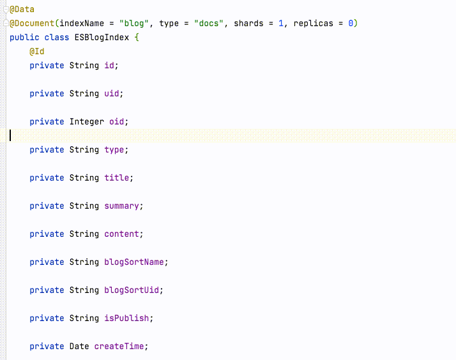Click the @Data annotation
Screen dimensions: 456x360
[22, 10]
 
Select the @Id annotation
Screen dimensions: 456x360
[36, 52]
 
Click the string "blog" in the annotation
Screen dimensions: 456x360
[133, 23]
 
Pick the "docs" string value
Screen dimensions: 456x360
[209, 23]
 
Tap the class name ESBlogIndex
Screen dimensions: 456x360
[102, 38]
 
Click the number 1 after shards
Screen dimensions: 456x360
[280, 23]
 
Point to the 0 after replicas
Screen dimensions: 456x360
[351, 23]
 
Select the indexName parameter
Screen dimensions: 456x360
[82, 23]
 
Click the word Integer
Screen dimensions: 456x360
[87, 122]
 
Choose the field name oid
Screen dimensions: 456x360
[117, 121]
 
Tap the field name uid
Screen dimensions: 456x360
[112, 94]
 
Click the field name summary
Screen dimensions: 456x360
[121, 206]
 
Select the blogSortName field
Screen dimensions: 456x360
[134, 262]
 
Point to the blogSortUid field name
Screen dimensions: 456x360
[132, 290]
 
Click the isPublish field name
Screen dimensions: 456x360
[126, 318]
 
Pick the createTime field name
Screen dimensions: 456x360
[119, 347]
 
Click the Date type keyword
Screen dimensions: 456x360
[79, 347]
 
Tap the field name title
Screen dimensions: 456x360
[117, 178]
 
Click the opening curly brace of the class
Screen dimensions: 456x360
[137, 38]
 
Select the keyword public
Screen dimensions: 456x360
[24, 38]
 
